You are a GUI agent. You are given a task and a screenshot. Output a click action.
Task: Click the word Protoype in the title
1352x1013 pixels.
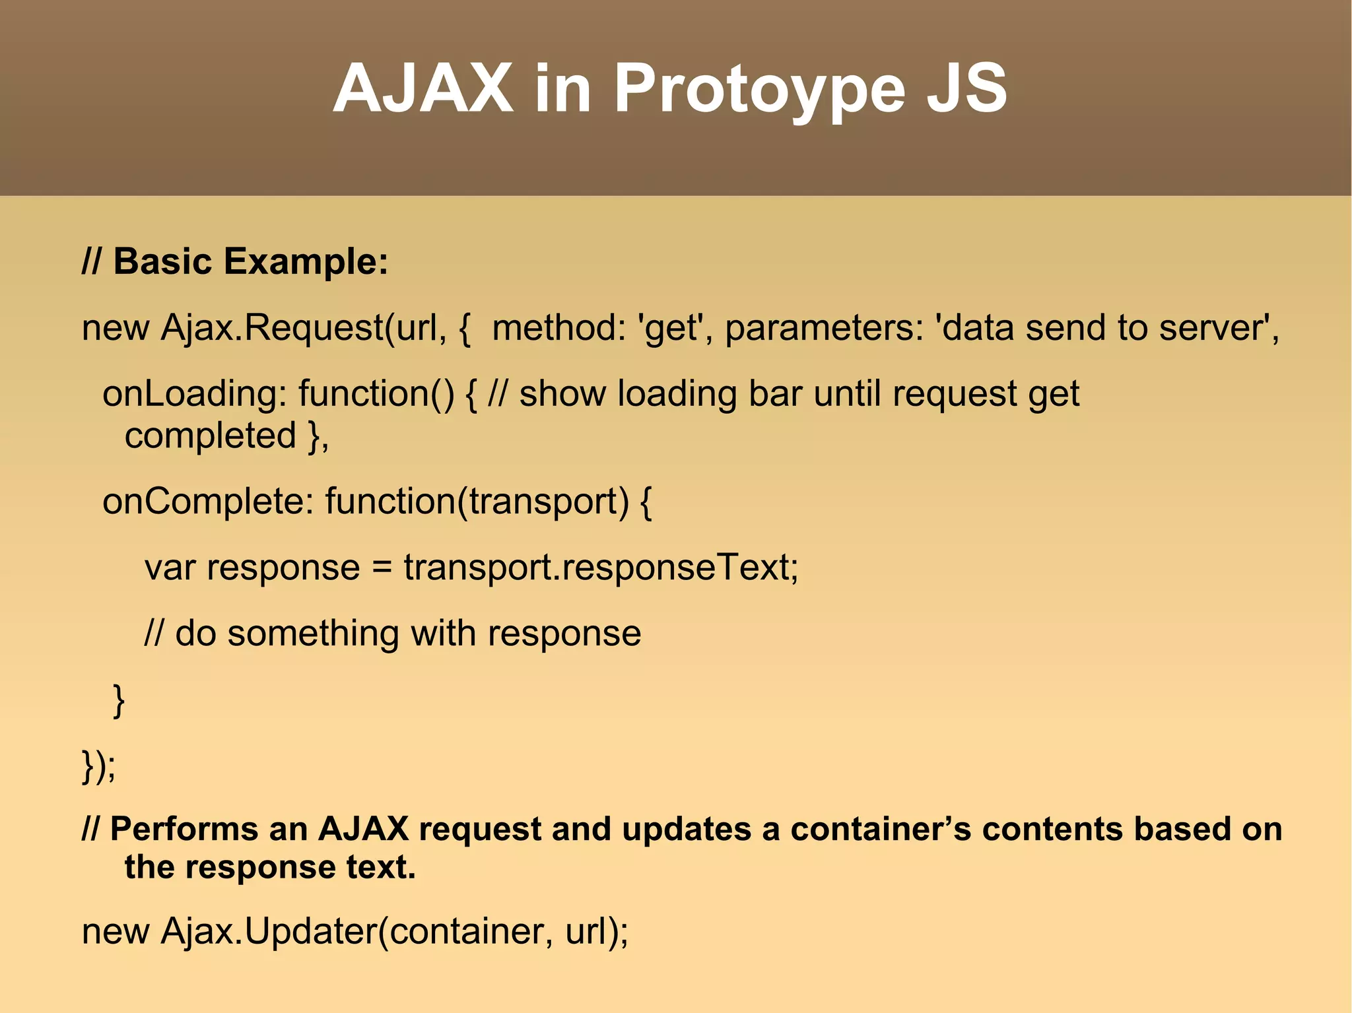759,89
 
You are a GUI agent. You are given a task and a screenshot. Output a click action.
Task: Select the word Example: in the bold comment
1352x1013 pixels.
306,261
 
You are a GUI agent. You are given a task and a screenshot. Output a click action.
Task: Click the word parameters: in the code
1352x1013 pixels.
824,328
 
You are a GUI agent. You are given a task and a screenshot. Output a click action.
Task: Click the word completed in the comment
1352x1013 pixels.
210,436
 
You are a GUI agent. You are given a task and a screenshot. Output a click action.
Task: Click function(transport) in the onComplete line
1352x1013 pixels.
477,502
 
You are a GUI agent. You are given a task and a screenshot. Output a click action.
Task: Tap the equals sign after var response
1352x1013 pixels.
382,568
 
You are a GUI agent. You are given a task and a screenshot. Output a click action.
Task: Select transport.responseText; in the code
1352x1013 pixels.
601,568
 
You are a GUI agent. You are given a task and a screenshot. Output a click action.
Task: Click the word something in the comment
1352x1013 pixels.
313,634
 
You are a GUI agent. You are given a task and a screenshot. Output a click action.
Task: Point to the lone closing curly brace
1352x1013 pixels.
119,701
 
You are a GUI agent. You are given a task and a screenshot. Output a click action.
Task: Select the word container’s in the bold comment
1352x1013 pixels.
881,830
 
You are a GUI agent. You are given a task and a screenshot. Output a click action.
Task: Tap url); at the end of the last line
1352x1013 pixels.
597,931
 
